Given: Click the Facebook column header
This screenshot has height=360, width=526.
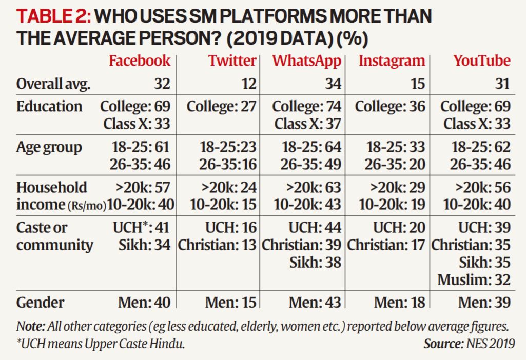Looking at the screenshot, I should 139,61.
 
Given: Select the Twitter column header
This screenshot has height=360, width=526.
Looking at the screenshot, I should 232,61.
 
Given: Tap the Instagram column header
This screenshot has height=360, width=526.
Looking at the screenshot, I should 392,61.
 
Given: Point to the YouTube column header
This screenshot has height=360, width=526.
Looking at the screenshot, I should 481,61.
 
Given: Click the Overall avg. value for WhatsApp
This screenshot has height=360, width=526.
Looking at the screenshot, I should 332,84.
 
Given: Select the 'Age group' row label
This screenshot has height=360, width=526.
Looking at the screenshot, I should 49,148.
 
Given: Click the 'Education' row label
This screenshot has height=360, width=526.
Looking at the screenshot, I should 49,107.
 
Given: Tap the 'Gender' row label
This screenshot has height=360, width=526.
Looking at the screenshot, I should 41,302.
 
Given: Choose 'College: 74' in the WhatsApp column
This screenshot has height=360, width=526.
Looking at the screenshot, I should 306,107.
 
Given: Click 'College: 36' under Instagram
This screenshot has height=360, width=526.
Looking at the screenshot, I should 390,107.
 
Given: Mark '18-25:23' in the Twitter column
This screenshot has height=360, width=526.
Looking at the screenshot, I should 228,148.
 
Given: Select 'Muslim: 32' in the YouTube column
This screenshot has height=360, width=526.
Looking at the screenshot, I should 474,280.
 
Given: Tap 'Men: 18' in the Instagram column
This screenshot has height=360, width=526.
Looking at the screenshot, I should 399,303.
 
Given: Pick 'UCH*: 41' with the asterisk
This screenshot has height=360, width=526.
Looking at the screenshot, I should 141,228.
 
